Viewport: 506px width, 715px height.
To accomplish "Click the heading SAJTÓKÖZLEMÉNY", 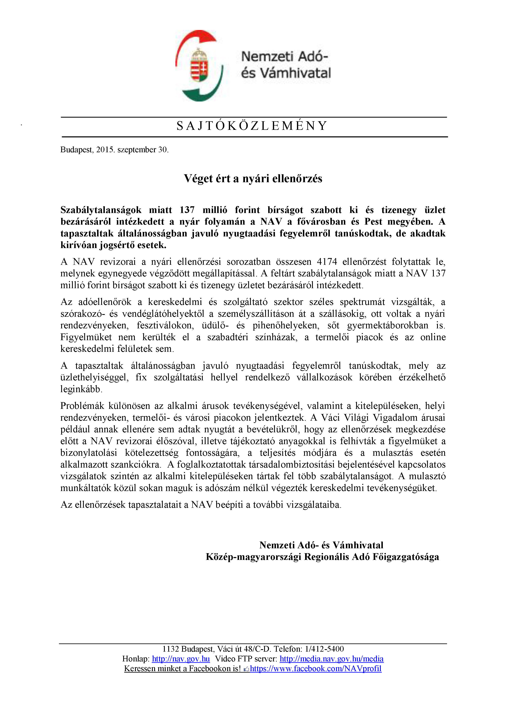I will tap(252, 126).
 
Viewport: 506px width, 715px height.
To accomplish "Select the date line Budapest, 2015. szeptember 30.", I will tap(114, 150).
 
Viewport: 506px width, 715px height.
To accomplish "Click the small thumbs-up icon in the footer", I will tap(246, 669).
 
